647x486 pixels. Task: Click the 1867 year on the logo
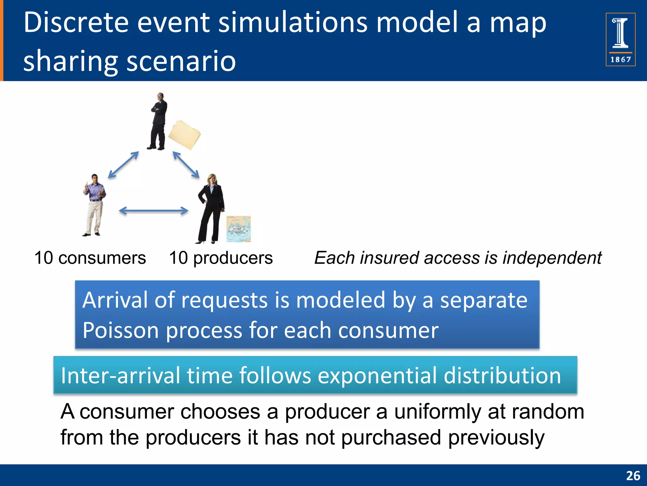[620, 59]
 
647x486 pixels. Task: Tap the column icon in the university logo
[620, 33]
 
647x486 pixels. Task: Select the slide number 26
[633, 476]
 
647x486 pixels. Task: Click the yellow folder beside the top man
[184, 135]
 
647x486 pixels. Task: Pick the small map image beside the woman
[239, 229]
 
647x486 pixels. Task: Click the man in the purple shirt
[94, 205]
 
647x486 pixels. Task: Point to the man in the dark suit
[158, 122]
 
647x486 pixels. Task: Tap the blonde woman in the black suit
[211, 209]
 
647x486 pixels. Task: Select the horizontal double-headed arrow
[154, 211]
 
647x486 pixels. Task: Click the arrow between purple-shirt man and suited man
[124, 165]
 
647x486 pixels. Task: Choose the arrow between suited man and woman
[186, 165]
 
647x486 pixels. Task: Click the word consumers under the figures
[102, 258]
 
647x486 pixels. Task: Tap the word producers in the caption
[233, 258]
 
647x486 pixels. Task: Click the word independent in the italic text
[552, 258]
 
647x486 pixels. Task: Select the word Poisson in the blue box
[120, 330]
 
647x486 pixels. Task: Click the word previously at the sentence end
[496, 438]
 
